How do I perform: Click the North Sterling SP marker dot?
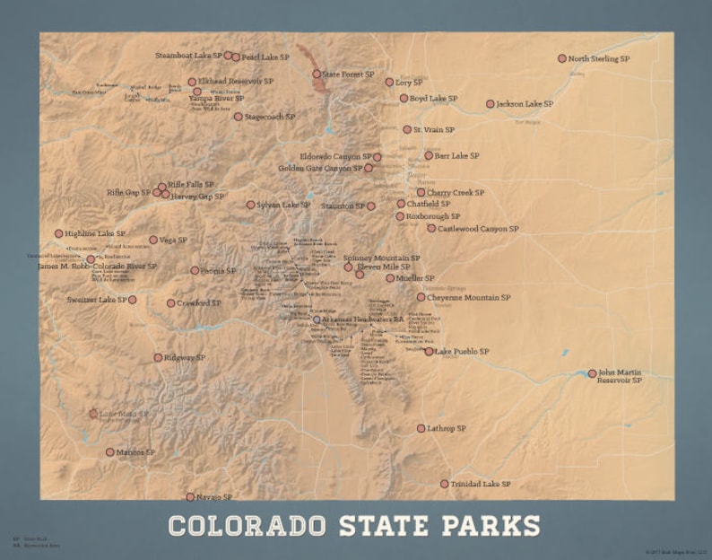(x=562, y=58)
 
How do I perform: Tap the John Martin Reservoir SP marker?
(x=592, y=373)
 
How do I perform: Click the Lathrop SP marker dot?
(x=421, y=428)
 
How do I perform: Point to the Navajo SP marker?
(x=190, y=496)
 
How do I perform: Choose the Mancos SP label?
(x=137, y=452)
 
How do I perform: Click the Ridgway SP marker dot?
(x=158, y=357)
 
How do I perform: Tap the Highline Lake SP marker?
(x=59, y=233)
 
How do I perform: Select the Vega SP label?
(x=173, y=240)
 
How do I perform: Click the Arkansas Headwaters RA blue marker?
(x=316, y=319)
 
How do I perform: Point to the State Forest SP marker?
(x=317, y=74)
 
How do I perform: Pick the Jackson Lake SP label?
(x=525, y=104)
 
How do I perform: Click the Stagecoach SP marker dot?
(x=238, y=116)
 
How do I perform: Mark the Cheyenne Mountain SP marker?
(x=421, y=297)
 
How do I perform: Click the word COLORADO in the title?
(x=248, y=525)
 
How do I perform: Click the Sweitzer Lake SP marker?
(x=132, y=300)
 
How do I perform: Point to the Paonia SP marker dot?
(x=195, y=270)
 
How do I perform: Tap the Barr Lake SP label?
(x=457, y=155)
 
